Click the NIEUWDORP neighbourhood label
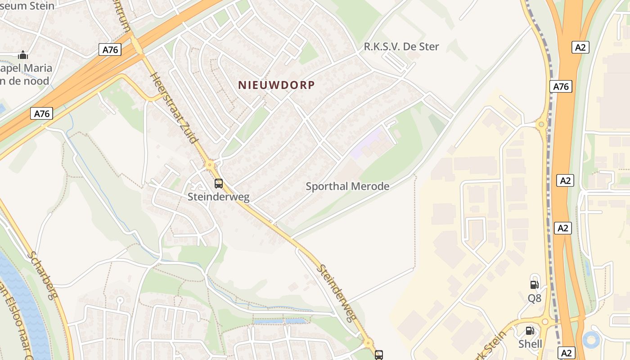276,85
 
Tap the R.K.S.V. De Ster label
401,46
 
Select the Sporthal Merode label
347,186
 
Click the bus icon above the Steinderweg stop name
219,184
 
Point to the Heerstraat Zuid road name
174,108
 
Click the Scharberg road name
43,275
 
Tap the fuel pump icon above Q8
535,284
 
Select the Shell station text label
530,344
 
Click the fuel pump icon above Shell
530,331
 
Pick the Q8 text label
534,298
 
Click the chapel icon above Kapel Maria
23,55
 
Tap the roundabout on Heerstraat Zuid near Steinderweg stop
210,165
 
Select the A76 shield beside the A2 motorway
561,86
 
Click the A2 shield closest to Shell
567,353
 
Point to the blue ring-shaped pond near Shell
591,340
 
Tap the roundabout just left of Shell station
545,322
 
